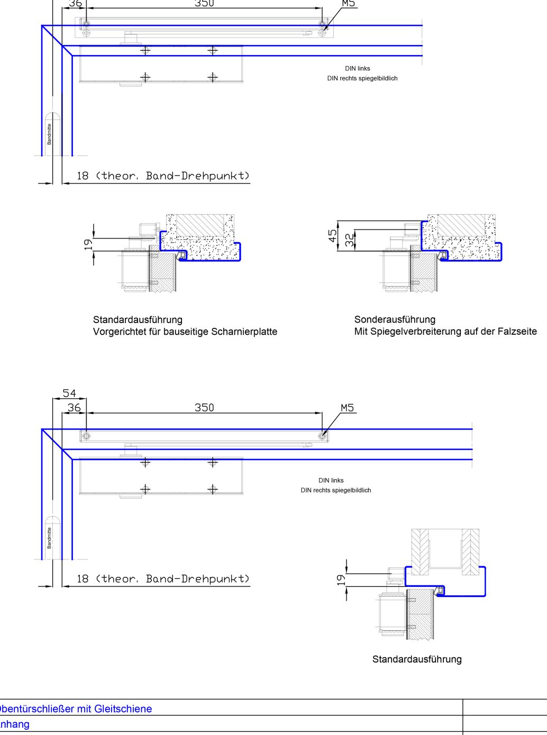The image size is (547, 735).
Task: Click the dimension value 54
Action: [x=69, y=393]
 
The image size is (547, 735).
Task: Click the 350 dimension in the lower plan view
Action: [x=204, y=408]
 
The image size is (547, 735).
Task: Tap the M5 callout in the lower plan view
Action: [x=347, y=408]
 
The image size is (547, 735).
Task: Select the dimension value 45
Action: [x=333, y=236]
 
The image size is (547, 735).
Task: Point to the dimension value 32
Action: [x=349, y=241]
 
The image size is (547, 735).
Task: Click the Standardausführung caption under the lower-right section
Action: [x=417, y=659]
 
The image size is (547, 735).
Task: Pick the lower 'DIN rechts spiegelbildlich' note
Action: [x=336, y=490]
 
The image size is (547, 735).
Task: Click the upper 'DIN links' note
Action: [x=358, y=68]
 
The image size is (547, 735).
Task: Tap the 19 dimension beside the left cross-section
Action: [x=88, y=244]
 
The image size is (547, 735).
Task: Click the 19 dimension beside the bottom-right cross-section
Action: [x=341, y=580]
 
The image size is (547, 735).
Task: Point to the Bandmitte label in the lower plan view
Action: [x=49, y=538]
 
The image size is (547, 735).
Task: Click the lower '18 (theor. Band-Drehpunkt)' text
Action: [x=163, y=578]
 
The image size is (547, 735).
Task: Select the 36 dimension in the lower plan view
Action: [x=74, y=408]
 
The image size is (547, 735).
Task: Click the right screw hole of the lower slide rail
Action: [x=322, y=436]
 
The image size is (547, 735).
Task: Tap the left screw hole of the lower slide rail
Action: [x=86, y=436]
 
